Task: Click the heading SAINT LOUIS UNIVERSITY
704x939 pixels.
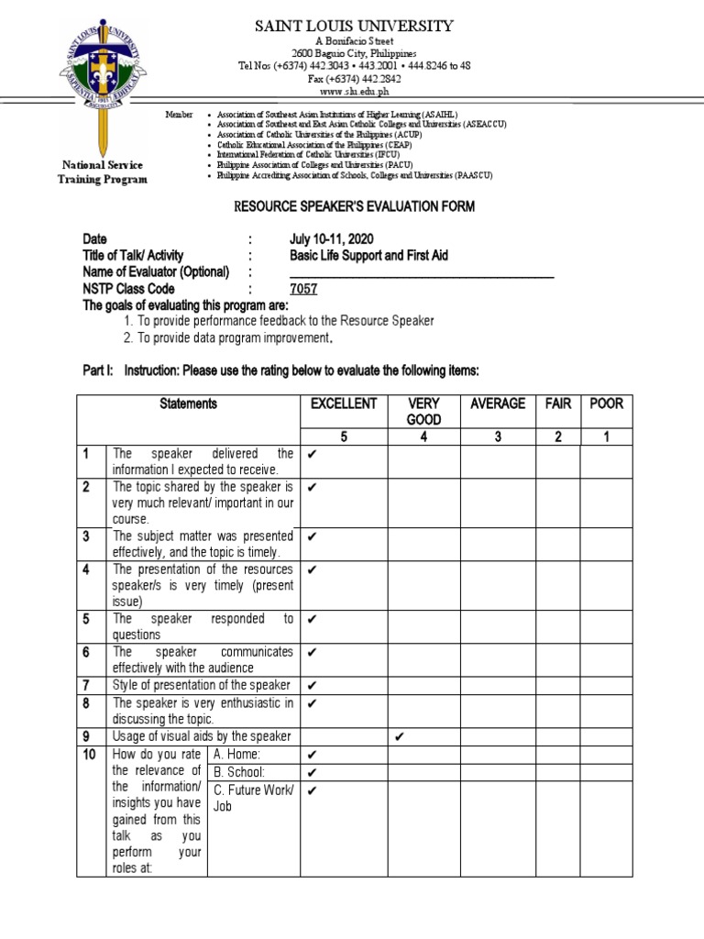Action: point(354,26)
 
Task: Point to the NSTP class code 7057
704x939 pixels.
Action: point(303,289)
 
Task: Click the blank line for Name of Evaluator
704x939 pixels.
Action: point(422,273)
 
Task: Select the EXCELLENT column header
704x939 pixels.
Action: point(344,403)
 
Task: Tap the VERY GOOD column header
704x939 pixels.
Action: point(423,411)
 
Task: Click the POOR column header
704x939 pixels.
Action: point(606,403)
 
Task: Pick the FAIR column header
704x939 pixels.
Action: point(557,403)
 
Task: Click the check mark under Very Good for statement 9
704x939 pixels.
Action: point(399,736)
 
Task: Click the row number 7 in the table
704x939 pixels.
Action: point(86,685)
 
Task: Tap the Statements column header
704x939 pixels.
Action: point(188,403)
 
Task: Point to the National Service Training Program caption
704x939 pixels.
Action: point(104,172)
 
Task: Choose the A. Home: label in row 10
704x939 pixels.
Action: point(236,754)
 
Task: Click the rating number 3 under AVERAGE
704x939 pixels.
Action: point(497,436)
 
